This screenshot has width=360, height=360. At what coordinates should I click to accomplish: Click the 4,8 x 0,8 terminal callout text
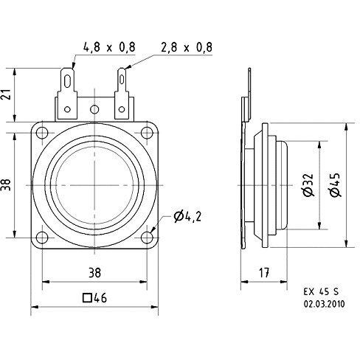[x=109, y=47]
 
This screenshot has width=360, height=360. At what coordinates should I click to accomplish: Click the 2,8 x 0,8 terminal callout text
[x=187, y=47]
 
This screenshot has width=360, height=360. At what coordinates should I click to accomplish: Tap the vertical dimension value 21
[x=7, y=94]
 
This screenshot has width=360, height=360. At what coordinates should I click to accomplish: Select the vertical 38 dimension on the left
[x=7, y=184]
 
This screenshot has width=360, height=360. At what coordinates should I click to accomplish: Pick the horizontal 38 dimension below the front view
[x=94, y=273]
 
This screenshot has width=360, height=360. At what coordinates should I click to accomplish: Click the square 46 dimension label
[x=95, y=298]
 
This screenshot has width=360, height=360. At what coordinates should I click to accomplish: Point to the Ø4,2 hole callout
[x=187, y=217]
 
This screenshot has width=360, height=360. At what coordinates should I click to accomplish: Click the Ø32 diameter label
[x=308, y=185]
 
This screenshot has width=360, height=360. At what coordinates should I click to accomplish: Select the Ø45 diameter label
[x=336, y=185]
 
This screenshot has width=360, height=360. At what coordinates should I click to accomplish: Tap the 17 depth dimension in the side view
[x=264, y=273]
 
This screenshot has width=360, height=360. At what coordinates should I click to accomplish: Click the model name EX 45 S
[x=321, y=291]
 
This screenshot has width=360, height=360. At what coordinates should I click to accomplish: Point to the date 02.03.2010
[x=324, y=304]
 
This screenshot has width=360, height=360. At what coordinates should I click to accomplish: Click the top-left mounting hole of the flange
[x=42, y=133]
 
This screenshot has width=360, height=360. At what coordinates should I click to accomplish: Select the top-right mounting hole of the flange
[x=147, y=133]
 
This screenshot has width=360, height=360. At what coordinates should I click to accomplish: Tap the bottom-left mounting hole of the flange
[x=42, y=238]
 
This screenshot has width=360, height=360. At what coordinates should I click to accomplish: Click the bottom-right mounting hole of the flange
[x=147, y=238]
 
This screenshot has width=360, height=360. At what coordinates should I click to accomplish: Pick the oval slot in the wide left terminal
[x=67, y=80]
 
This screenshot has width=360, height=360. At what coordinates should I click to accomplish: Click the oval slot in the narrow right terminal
[x=122, y=79]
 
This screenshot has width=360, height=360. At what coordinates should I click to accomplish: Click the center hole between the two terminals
[x=94, y=109]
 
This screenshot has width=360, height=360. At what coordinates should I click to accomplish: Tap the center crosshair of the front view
[x=94, y=185]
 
